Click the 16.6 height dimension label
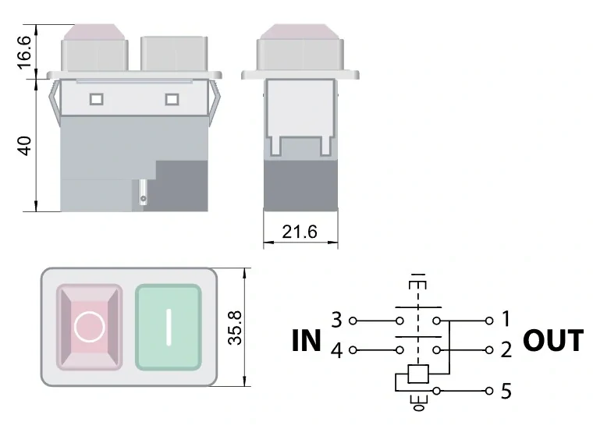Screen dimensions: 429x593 [x=26, y=51]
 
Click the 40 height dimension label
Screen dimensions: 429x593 [x=26, y=145]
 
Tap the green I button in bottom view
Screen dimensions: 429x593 [x=169, y=327]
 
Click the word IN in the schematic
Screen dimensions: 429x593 [x=307, y=341]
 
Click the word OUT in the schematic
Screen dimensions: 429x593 [x=552, y=341]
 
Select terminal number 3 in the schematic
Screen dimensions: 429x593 [x=337, y=320]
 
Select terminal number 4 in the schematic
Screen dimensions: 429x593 [x=337, y=350]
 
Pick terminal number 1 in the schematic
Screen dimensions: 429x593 [x=506, y=319]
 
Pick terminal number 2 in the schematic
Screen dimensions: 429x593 [x=506, y=350]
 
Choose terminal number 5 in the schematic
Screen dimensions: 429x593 [x=506, y=390]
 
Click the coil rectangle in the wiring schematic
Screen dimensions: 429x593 [x=418, y=374]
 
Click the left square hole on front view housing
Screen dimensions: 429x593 [x=97, y=99]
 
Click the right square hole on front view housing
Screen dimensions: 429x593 [x=172, y=99]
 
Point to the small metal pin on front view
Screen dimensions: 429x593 [x=143, y=192]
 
